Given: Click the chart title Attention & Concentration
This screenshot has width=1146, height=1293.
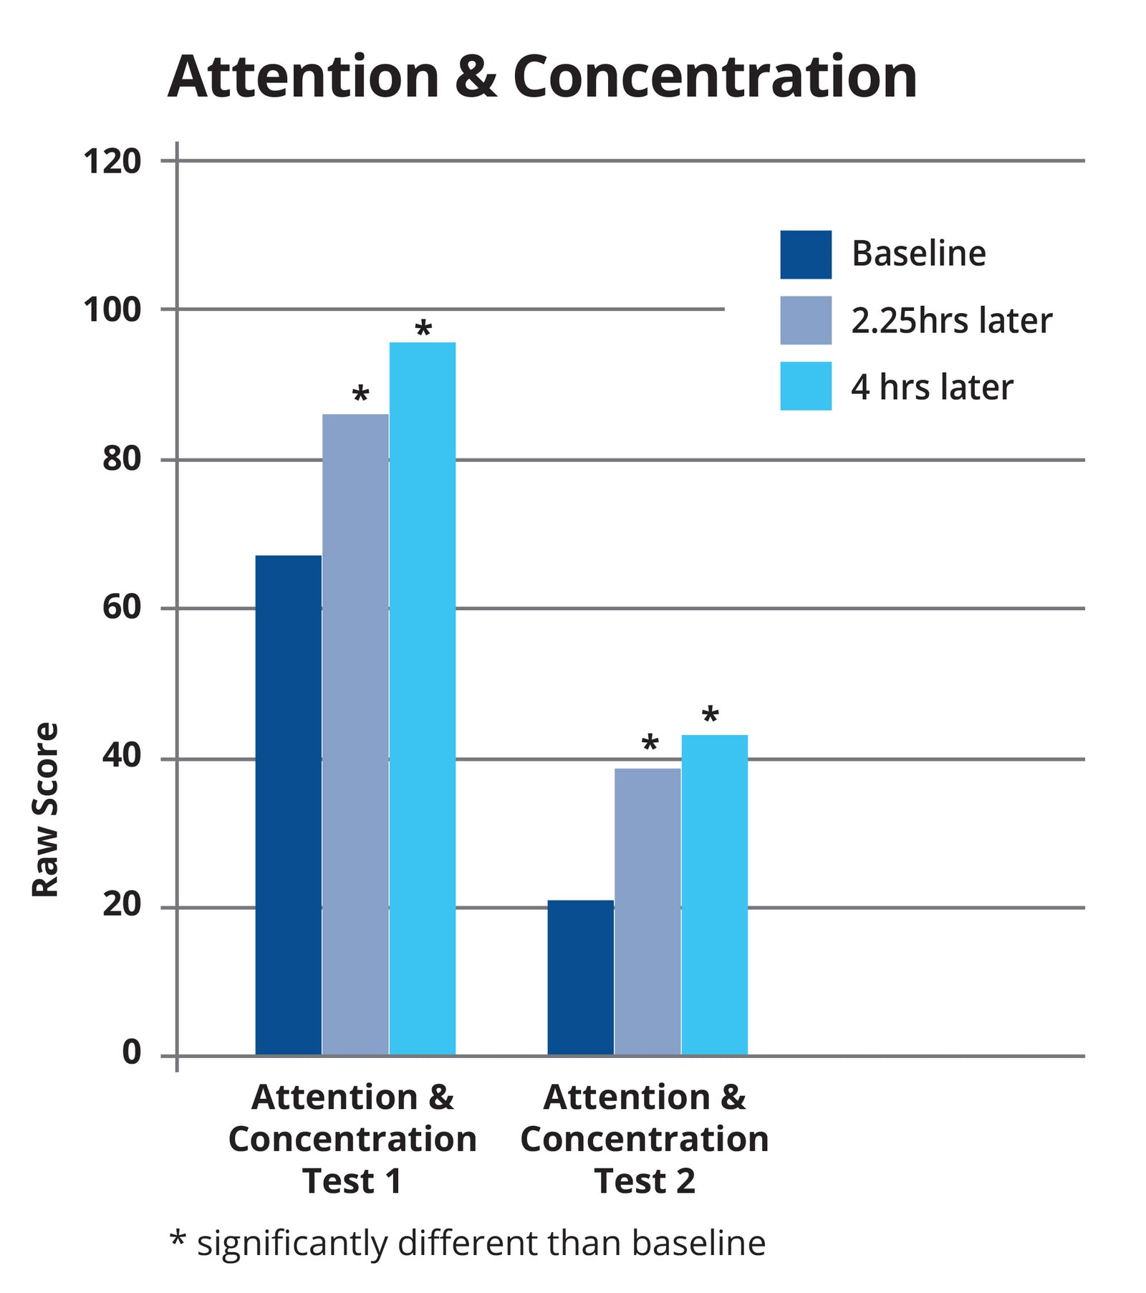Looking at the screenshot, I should (x=542, y=77).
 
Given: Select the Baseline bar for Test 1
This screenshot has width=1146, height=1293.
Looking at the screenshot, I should (x=288, y=804).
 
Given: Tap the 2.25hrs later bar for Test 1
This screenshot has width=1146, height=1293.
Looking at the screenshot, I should (x=355, y=734).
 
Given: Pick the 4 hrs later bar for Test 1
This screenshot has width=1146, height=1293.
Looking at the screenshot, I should (x=423, y=698).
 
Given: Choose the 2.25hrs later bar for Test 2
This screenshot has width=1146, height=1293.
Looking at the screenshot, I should (x=647, y=910).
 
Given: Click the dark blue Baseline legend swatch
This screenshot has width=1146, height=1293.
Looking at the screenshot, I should (x=806, y=254).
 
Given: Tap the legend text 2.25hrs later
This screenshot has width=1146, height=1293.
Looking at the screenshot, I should (x=951, y=321).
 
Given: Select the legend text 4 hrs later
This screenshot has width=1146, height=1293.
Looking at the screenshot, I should (x=932, y=388).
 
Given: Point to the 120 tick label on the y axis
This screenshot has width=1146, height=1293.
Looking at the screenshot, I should (x=112, y=162).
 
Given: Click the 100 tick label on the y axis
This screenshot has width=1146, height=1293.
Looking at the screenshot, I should (x=112, y=311).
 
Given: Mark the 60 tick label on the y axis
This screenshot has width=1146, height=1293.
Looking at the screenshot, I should (x=122, y=607).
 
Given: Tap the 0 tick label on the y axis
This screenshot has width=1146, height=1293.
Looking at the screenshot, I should (x=132, y=1052).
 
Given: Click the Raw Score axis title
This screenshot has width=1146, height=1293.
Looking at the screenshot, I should (x=46, y=809).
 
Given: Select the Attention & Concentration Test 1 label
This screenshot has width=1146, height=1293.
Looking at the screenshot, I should (x=352, y=1139).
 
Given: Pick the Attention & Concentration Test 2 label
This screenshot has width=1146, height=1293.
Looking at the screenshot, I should (x=645, y=1139).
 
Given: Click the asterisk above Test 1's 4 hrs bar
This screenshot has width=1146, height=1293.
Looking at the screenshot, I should (x=423, y=330).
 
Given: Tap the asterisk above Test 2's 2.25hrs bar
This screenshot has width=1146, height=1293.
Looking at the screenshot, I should (x=650, y=744).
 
